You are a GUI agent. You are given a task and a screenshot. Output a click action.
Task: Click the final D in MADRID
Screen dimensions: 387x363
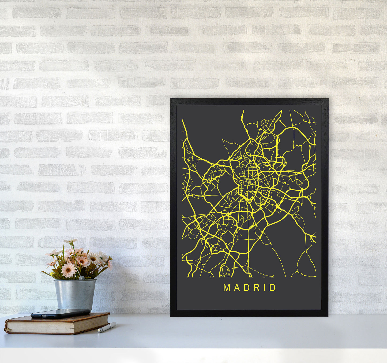click(x=273, y=288)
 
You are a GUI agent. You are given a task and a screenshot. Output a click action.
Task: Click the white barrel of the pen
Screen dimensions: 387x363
click(x=108, y=327)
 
